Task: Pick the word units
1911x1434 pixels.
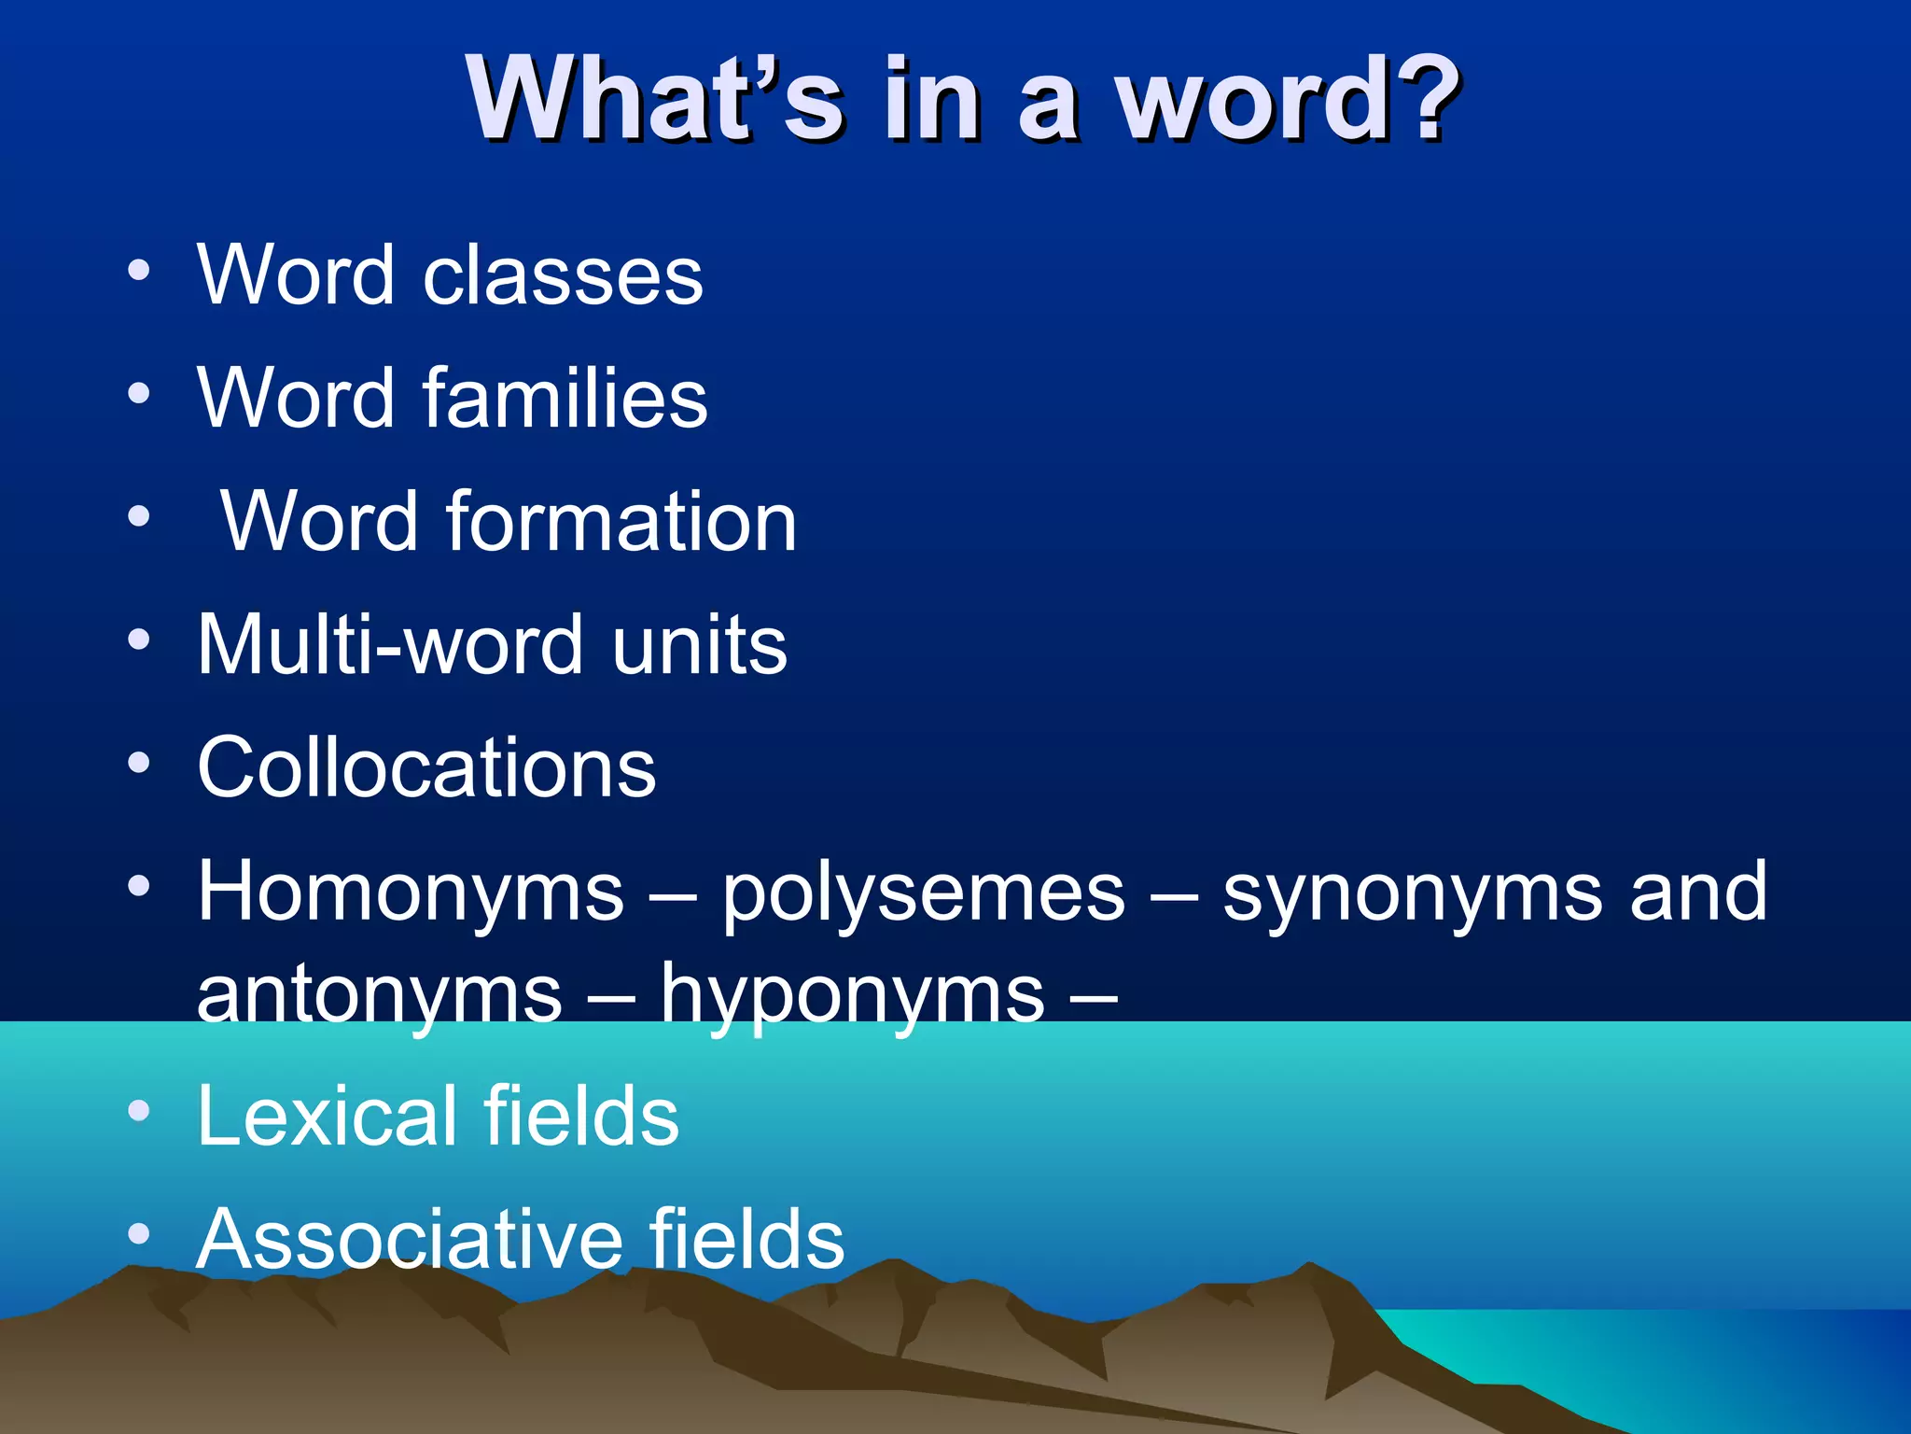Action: click(700, 645)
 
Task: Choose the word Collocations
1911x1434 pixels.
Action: click(426, 768)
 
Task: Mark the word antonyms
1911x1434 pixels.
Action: click(380, 995)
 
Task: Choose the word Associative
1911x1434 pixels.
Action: click(410, 1239)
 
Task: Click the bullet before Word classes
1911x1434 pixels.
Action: click(139, 271)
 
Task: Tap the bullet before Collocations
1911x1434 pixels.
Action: click(139, 764)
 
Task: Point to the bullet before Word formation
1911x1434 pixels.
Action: click(139, 516)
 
